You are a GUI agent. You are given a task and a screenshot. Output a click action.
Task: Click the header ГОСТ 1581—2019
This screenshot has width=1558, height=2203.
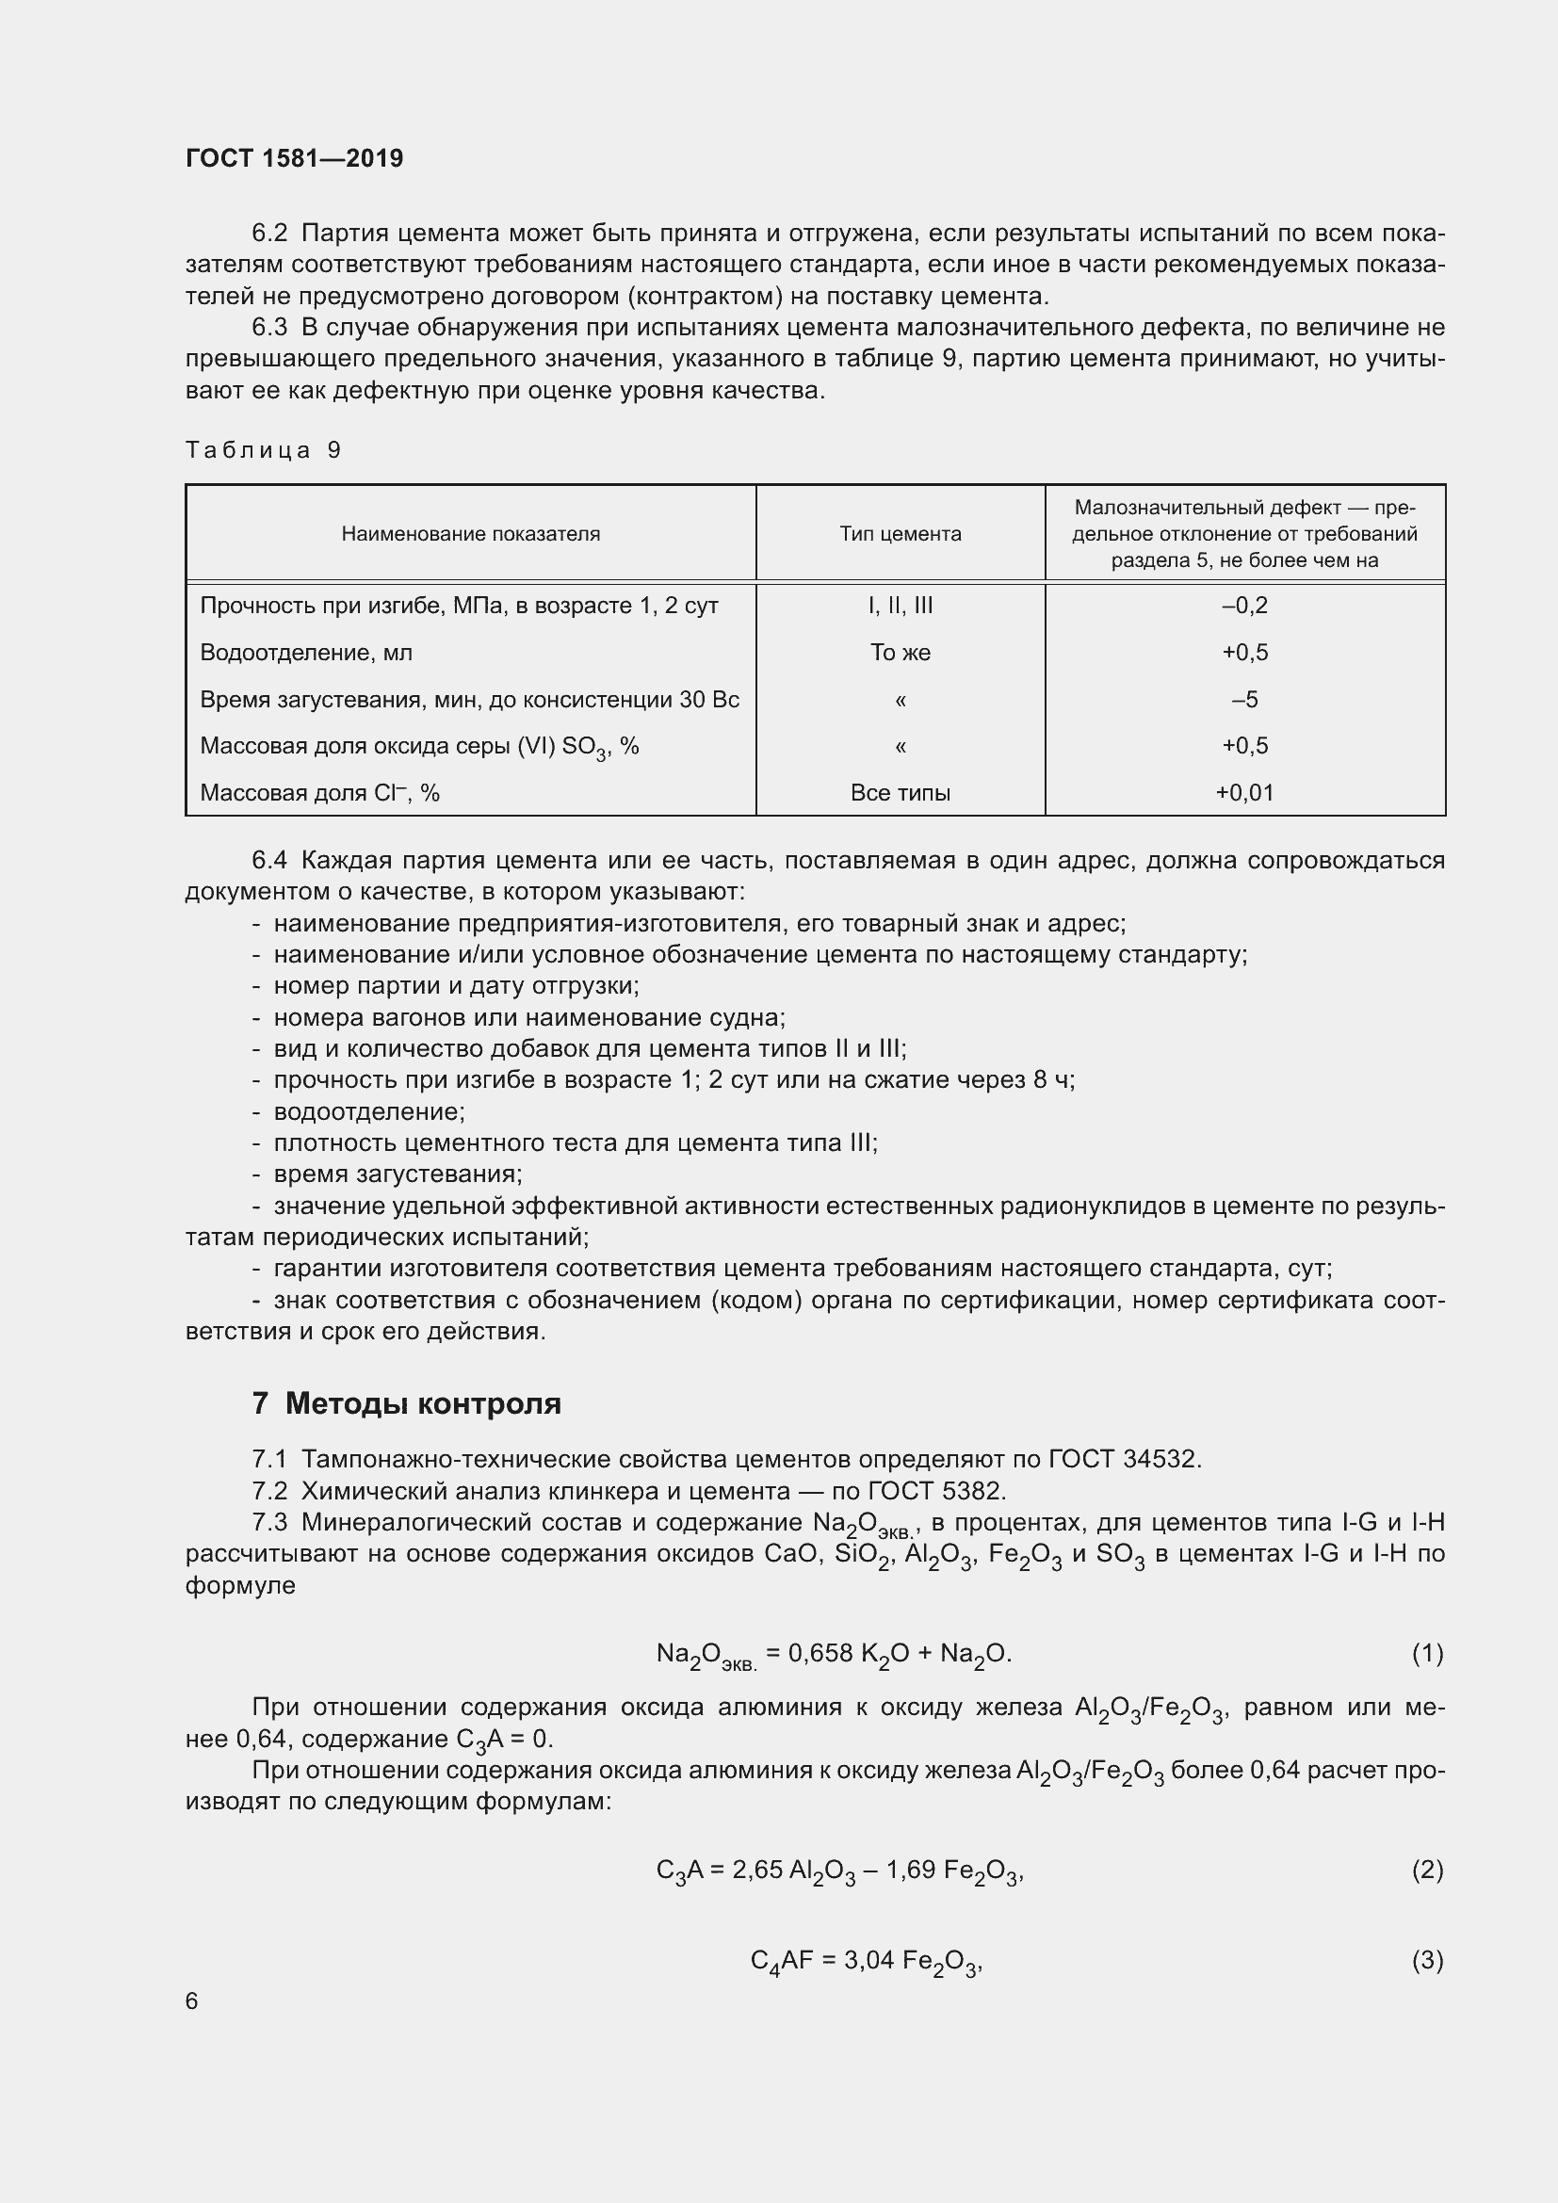click(x=294, y=158)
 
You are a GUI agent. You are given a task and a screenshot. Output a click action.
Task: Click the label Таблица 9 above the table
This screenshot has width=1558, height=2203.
click(x=263, y=450)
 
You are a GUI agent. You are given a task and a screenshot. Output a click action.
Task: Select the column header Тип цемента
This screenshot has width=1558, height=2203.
click(x=900, y=533)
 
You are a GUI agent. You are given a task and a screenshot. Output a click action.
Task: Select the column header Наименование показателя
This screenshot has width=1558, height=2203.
click(x=470, y=533)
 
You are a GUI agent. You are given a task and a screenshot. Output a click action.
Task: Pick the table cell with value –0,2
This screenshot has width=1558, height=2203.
click(x=1244, y=606)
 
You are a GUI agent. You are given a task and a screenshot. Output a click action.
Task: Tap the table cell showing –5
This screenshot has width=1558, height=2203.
click(x=1244, y=700)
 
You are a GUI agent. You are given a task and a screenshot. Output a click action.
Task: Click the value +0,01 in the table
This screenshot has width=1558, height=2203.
click(x=1244, y=792)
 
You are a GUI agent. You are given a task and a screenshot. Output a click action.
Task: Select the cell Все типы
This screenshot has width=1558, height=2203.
click(x=900, y=792)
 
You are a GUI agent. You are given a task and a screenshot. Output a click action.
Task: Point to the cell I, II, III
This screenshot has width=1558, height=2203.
click(x=900, y=606)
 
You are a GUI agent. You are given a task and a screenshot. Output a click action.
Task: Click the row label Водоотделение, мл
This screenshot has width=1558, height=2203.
click(x=306, y=653)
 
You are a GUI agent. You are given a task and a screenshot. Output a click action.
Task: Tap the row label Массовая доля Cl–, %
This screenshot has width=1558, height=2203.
click(x=319, y=792)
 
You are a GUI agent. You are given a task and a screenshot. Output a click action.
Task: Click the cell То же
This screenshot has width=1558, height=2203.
click(x=900, y=653)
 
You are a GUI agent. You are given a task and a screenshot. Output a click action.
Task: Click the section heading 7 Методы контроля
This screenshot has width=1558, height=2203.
click(x=406, y=1403)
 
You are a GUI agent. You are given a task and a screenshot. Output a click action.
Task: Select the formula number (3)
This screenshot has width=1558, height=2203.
click(x=1426, y=1960)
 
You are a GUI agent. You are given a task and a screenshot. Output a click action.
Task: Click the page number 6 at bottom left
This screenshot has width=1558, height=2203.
click(x=192, y=2001)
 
